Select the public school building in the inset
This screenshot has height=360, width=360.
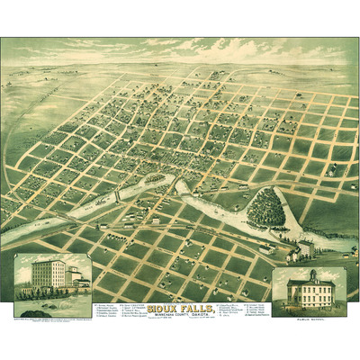tap(310, 292)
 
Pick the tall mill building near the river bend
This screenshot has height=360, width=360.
tap(306, 247)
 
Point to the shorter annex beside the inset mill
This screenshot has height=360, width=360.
tap(70, 279)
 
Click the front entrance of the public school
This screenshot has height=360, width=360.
tap(311, 301)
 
